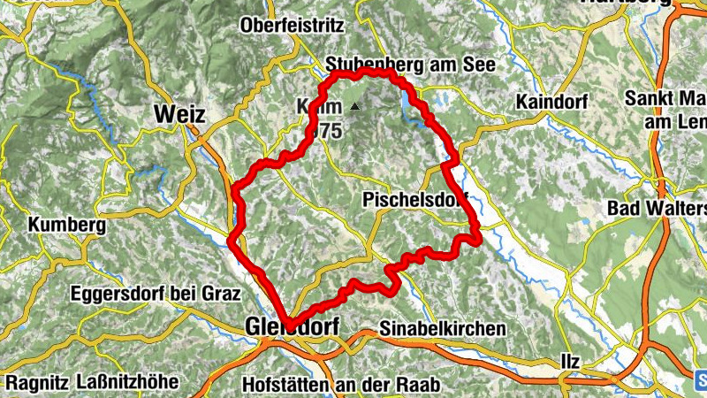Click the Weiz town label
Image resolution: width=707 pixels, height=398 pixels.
179,115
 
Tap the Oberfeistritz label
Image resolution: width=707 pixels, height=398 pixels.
292,27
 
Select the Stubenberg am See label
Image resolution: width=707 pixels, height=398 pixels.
412,65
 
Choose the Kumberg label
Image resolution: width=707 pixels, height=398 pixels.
67,225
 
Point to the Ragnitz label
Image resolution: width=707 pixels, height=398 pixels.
34,382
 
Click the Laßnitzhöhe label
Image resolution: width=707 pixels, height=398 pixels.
127,382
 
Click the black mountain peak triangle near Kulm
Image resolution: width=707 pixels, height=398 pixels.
354,107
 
